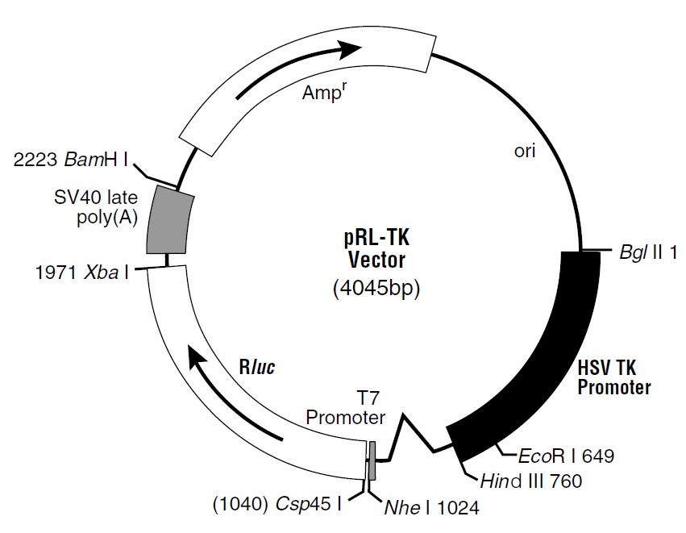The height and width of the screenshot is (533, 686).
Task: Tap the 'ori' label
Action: coord(525,151)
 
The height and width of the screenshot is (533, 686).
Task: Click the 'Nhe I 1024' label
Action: coord(427,508)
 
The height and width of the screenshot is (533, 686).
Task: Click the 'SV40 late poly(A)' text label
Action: coord(96,208)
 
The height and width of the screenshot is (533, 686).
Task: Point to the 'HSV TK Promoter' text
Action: coord(614,377)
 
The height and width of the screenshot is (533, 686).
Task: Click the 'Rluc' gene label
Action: coord(257,368)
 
